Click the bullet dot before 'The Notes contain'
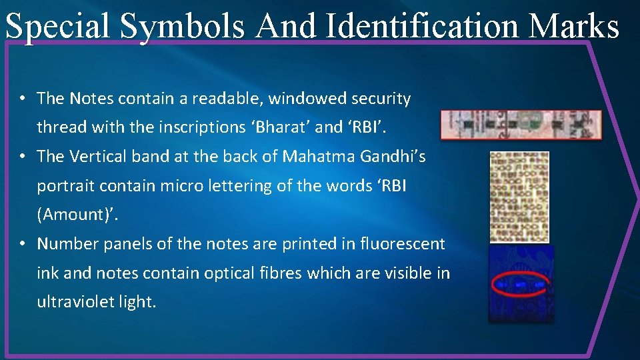[23, 99]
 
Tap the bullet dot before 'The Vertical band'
[23, 156]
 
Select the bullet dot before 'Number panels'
[23, 244]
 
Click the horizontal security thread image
[521, 125]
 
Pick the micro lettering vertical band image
[519, 197]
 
